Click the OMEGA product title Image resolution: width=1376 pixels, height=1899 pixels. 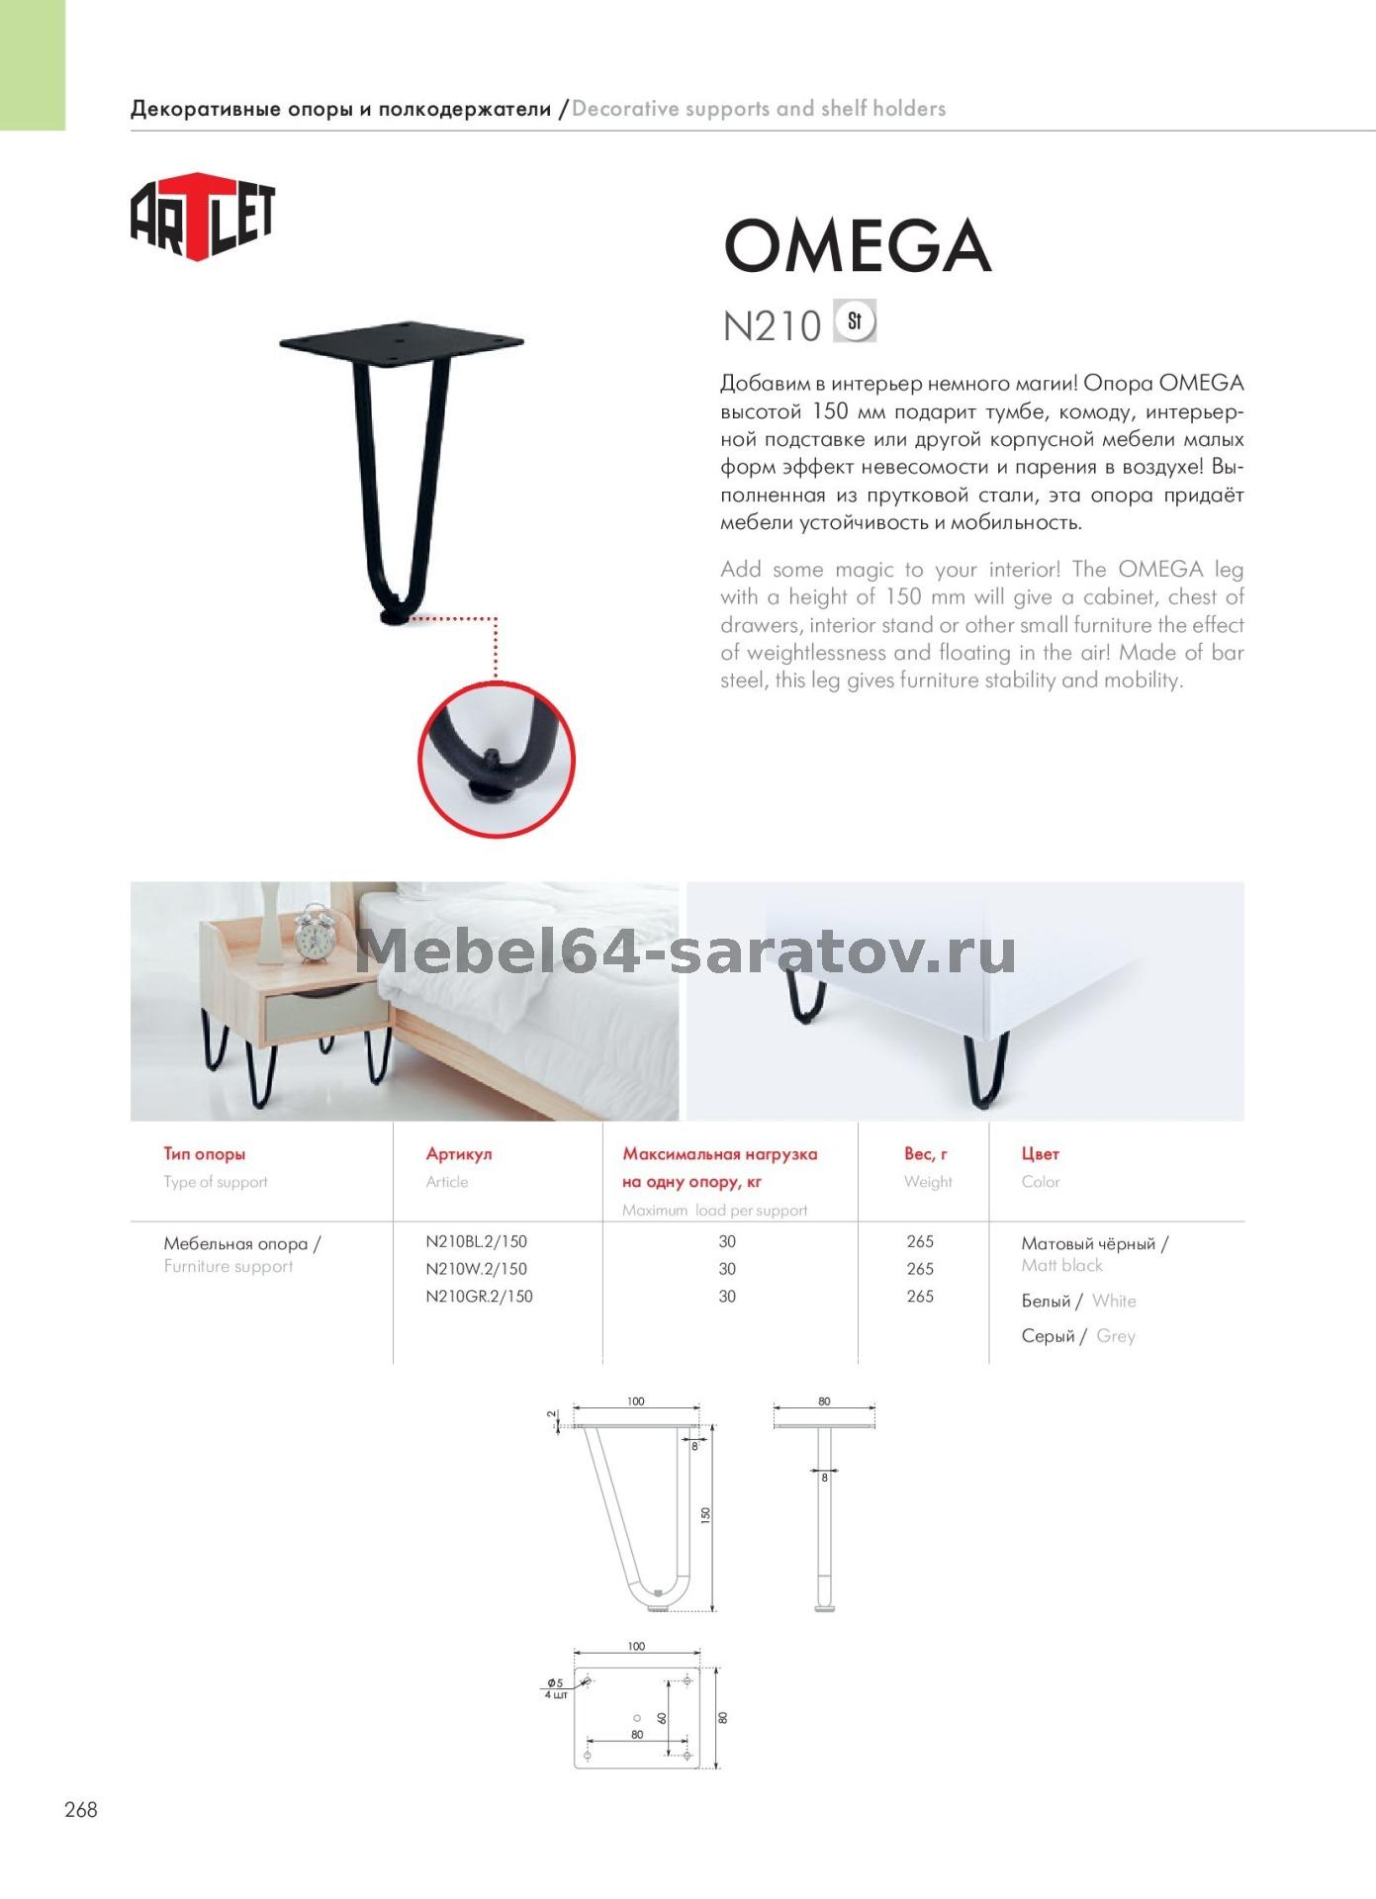point(857,246)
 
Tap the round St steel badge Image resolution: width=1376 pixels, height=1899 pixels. point(855,321)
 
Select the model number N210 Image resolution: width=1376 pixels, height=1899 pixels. point(772,326)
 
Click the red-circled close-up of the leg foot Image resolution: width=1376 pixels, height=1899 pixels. point(496,760)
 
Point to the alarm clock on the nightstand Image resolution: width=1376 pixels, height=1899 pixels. point(316,933)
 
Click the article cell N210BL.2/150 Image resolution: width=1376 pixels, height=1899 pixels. point(476,1241)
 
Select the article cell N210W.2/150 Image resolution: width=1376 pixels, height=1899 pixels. point(476,1269)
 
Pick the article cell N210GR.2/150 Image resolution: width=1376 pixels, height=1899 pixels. point(479,1297)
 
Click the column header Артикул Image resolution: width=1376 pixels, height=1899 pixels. point(458,1153)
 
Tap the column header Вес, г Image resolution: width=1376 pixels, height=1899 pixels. point(925,1153)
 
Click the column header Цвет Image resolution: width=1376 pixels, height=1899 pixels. point(1040,1153)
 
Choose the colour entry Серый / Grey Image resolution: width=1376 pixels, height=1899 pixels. point(1078,1336)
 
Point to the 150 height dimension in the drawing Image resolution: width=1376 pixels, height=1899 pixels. point(705,1515)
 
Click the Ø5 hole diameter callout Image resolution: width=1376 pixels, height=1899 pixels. point(556,1683)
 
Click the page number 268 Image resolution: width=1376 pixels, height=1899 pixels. point(81,1810)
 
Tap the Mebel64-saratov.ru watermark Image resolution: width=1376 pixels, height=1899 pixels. point(685,951)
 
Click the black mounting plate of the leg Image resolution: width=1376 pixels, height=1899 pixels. point(401,341)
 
